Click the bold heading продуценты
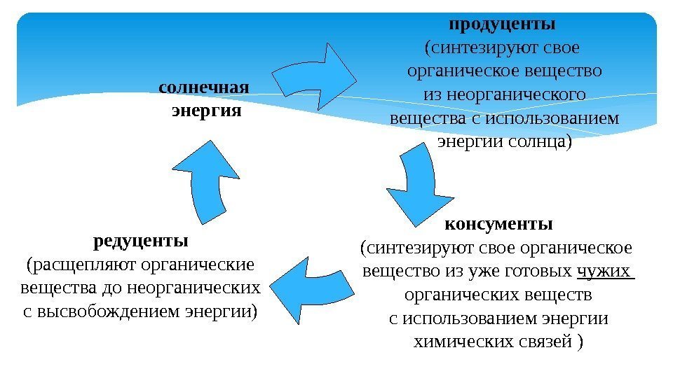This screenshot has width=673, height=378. click(x=502, y=24)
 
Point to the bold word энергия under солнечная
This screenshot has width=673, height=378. click(x=206, y=111)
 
